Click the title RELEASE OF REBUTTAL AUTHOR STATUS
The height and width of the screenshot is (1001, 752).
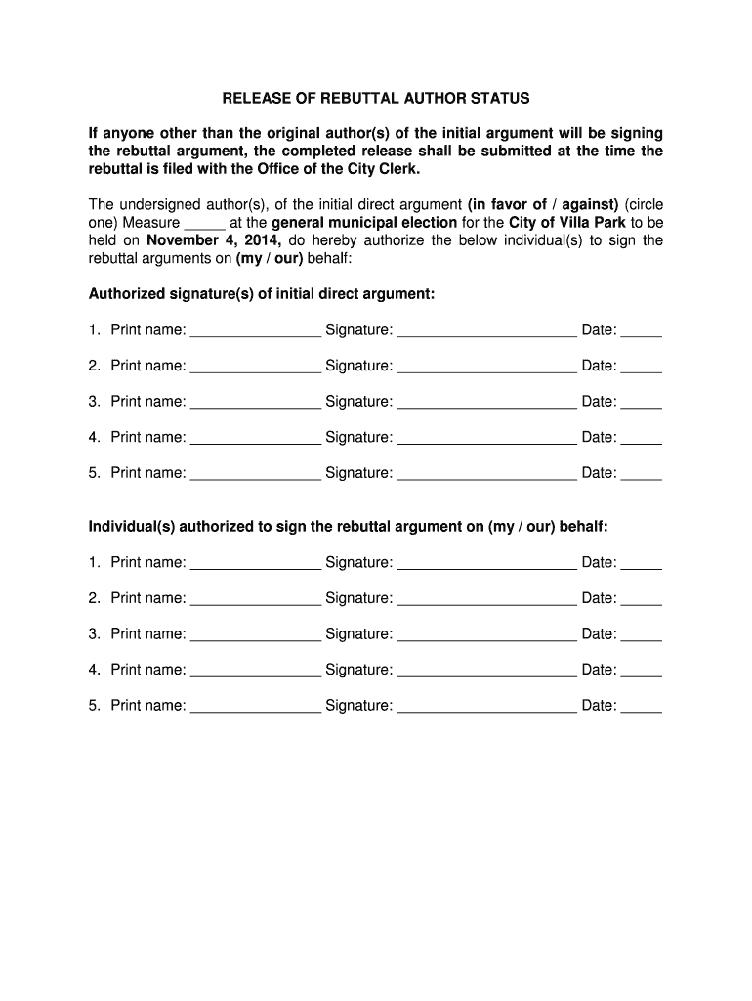pos(375,99)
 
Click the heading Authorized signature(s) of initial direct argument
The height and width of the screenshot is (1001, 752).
pos(262,294)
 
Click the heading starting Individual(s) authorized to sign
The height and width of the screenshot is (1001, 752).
pos(348,527)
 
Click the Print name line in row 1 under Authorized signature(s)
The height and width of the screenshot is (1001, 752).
pos(255,332)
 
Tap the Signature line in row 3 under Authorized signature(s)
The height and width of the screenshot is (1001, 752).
pos(486,404)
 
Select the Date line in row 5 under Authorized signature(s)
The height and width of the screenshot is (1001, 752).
pos(642,475)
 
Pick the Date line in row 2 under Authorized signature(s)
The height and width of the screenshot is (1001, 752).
pos(642,368)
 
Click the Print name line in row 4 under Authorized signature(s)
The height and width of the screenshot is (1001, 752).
pos(255,439)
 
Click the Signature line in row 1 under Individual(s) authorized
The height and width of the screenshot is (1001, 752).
pos(486,565)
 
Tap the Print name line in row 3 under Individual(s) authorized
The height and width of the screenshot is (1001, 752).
pos(255,636)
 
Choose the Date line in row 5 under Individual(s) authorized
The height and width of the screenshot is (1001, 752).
pos(642,708)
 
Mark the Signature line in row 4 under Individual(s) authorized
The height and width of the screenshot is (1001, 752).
pos(486,672)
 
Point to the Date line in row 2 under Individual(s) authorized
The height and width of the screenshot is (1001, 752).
pos(642,600)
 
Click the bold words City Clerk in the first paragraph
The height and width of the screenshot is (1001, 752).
pos(384,169)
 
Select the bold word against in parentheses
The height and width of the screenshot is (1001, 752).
pos(586,205)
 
